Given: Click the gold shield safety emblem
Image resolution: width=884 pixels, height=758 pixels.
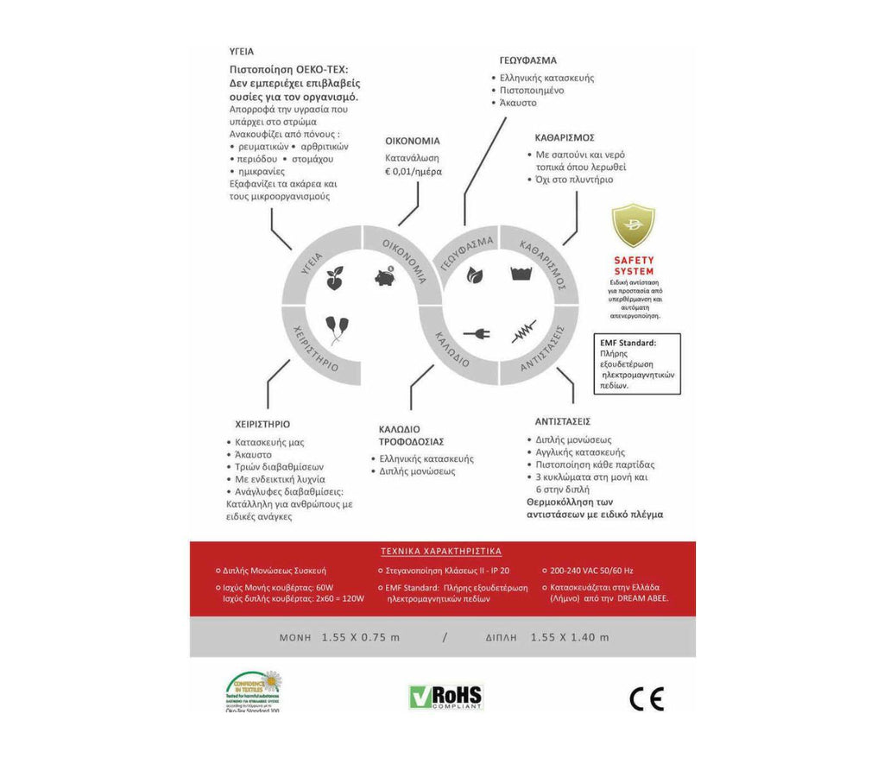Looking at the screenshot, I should coord(633,227).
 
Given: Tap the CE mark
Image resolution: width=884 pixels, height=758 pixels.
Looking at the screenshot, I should coord(647,698).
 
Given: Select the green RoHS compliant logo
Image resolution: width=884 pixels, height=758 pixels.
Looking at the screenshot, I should coord(445,697).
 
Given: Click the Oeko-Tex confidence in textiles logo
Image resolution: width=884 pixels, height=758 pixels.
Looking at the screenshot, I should coord(253,691).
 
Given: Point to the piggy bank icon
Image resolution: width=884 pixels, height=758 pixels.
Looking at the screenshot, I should coord(385,277).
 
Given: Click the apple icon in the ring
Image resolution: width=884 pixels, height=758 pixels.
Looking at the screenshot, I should coord(335,279).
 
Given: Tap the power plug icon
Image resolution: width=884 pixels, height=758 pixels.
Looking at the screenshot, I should coord(477,332).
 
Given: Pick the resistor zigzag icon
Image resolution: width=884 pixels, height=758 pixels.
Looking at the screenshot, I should coord(523,332).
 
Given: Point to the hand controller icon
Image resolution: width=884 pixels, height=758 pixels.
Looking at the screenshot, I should coord(337,329).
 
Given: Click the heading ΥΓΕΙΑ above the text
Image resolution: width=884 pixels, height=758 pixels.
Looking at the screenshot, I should coord(242,52).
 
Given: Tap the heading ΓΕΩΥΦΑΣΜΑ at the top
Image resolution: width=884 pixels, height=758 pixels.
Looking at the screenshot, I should coord(527,60).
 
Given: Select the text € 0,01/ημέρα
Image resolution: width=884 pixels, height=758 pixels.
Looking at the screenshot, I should coord(413,172).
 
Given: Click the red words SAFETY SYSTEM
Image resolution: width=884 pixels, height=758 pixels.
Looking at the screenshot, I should coord(634,266).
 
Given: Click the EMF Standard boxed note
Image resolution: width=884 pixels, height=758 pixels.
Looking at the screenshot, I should coord(637,364).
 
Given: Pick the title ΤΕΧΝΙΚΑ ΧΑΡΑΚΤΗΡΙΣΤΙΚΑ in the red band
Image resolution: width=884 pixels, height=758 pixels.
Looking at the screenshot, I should coord(441,551).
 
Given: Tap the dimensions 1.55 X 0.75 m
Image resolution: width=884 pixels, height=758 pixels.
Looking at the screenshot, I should coord(361,638).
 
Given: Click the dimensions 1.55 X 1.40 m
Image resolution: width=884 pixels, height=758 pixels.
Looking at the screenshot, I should coord(570,638).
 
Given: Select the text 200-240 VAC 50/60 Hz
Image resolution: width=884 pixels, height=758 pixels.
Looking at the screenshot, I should coord(591,571).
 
